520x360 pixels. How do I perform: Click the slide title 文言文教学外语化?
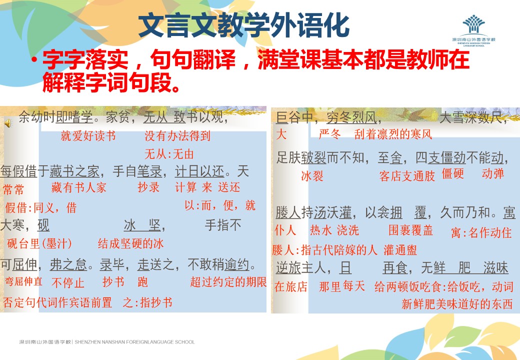pos(244,25)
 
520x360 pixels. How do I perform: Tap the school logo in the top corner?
pos(473,30)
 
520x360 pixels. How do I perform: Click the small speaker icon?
pos(8,123)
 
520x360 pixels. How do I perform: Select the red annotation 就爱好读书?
pos(88,135)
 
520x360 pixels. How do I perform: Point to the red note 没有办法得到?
pos(177,135)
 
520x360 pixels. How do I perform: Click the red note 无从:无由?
pos(169,154)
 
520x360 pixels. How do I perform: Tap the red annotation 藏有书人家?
pos(78,187)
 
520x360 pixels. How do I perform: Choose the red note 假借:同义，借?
pos(41,208)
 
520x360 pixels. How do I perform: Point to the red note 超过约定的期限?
pos(228,282)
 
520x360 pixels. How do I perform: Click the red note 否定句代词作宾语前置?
pos(57,302)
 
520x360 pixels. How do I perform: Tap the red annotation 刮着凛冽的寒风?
pos(393,134)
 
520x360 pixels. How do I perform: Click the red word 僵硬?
pos(452,173)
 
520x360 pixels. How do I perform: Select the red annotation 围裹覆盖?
pos(410,230)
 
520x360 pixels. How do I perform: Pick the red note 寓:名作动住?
pos(481,232)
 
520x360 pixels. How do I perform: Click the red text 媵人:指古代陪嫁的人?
pos(324,250)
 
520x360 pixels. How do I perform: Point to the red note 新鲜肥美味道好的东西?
pos(457,303)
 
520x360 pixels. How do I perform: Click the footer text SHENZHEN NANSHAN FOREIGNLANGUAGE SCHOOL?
pos(134,342)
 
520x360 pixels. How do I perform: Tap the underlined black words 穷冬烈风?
pos(351,117)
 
